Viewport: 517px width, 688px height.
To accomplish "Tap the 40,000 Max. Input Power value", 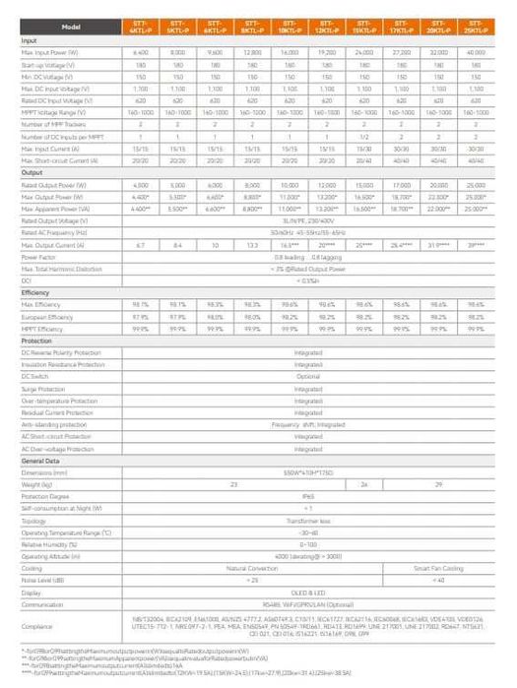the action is click(476, 50).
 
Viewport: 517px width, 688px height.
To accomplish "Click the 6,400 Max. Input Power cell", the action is click(141, 50).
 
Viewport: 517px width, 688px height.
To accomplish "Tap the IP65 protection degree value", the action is click(308, 496).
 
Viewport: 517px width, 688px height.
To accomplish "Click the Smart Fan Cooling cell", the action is click(439, 569).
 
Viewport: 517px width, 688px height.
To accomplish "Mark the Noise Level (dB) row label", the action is click(47, 581).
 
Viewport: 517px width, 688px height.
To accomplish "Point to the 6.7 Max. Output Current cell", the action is click(141, 244).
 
